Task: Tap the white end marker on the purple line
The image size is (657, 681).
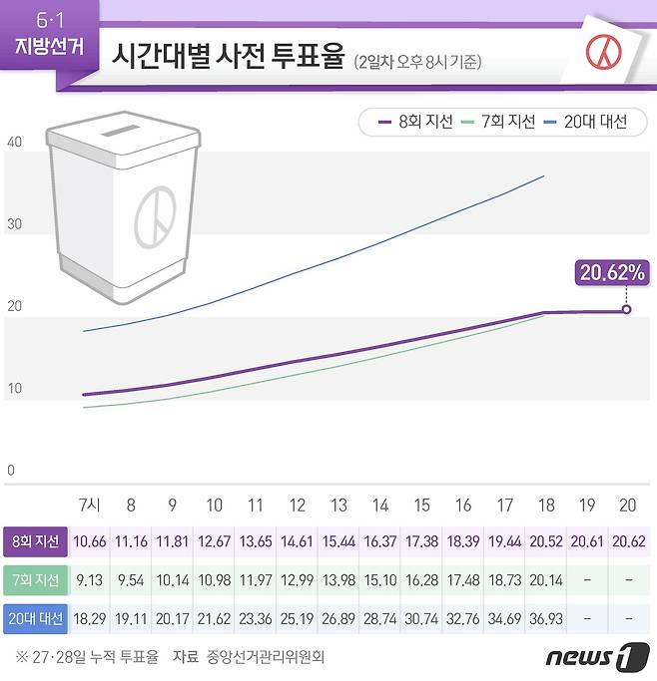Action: [x=626, y=310]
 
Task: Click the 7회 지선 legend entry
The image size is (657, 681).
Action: [x=498, y=122]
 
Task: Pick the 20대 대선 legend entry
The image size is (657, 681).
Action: [x=585, y=122]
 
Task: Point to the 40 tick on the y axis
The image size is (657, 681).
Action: [x=14, y=143]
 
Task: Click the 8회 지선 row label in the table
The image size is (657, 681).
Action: [x=35, y=541]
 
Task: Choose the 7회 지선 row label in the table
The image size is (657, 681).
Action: [x=35, y=580]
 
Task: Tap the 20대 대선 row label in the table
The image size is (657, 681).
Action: [x=35, y=619]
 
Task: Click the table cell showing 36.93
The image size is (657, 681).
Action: [x=544, y=619]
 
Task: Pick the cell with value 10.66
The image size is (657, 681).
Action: [x=90, y=541]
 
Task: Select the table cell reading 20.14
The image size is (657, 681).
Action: [x=544, y=580]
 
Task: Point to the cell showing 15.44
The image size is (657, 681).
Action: [x=338, y=541]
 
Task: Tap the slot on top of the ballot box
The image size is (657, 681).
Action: [x=122, y=131]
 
